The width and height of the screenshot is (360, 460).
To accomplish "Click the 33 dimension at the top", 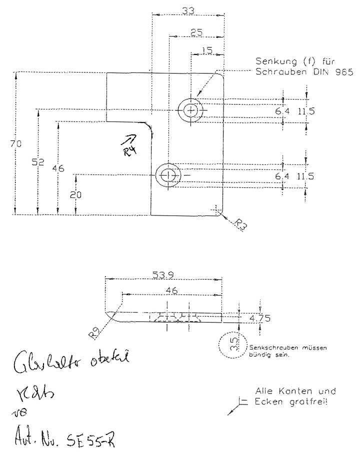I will [x=188, y=10].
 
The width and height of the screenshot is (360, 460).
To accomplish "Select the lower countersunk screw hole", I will [x=168, y=175].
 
